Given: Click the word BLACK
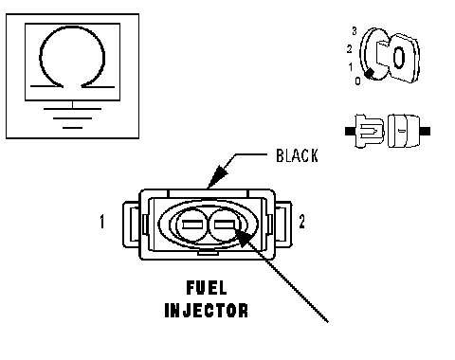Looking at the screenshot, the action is (x=297, y=155).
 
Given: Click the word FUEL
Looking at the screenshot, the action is (x=207, y=288).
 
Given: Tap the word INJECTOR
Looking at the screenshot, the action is (x=207, y=310).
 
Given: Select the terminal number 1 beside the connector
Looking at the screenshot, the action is (x=101, y=222).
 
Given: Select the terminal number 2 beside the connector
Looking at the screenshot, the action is (x=302, y=222).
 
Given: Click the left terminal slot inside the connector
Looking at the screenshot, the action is (x=192, y=225).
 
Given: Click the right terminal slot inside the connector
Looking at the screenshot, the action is (x=225, y=225).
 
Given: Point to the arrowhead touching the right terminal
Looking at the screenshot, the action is (x=244, y=238).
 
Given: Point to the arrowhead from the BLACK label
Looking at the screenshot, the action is (x=217, y=177).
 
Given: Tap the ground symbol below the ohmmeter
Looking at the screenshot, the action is (x=72, y=117).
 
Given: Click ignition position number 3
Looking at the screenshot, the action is (x=355, y=31).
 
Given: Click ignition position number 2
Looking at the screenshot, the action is (x=349, y=49).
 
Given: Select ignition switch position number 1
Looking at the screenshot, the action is (x=351, y=67).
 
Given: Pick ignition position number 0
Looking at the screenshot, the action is (x=357, y=81).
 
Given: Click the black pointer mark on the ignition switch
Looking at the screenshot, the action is (x=369, y=73).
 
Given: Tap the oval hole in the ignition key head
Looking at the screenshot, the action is (x=399, y=58).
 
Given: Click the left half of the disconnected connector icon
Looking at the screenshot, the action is (x=365, y=131).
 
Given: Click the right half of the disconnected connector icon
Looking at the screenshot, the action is (x=409, y=131).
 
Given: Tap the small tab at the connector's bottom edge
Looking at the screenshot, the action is (x=208, y=252).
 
